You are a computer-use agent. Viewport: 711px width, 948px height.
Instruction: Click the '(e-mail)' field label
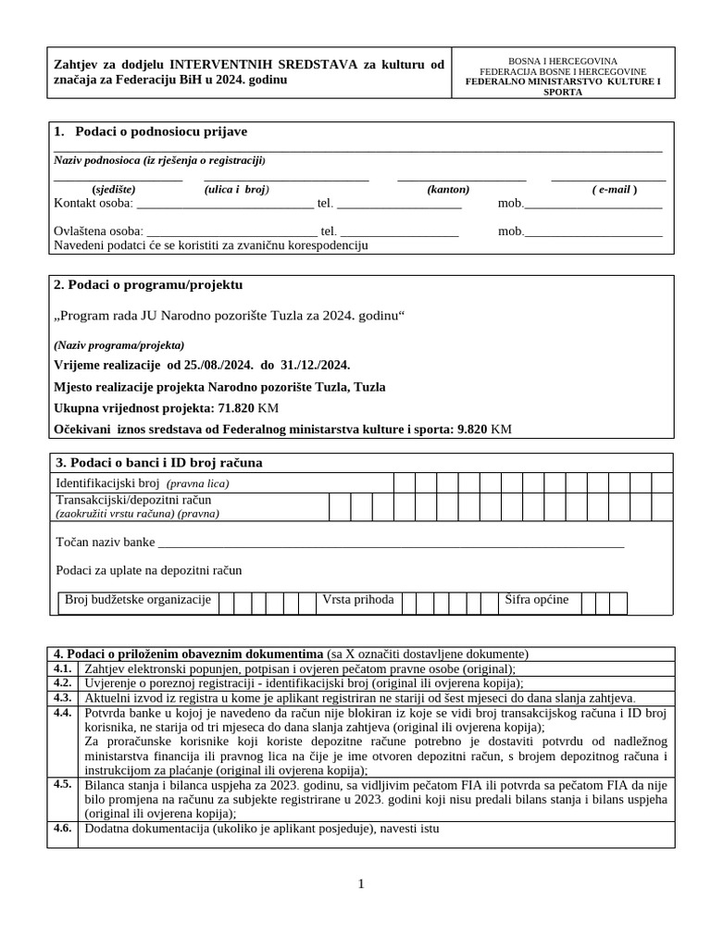click(x=615, y=189)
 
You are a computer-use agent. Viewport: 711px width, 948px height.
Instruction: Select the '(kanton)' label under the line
click(x=448, y=189)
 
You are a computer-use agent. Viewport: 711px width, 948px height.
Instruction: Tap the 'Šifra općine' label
click(x=537, y=600)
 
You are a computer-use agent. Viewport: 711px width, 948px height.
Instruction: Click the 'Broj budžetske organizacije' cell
click(x=138, y=600)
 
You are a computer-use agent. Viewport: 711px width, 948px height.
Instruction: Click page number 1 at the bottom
click(x=361, y=884)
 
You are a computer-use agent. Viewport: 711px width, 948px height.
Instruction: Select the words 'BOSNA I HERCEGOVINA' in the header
click(x=562, y=60)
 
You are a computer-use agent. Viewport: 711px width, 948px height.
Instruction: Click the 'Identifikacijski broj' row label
click(x=108, y=483)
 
